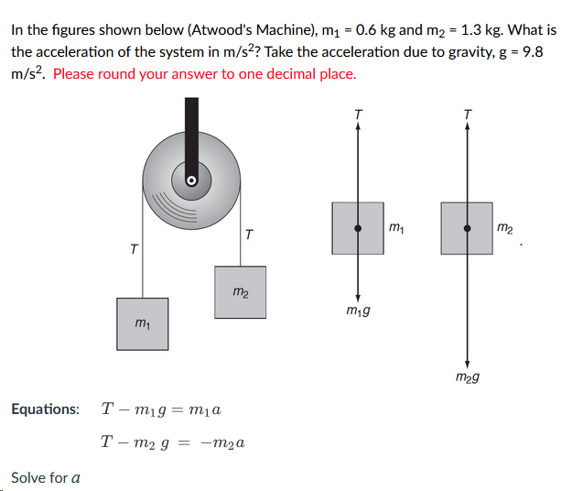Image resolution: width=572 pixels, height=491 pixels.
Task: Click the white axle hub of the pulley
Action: [192, 180]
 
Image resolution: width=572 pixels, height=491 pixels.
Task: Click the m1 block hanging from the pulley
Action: [142, 323]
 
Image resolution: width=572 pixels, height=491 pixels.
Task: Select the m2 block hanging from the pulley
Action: [240, 291]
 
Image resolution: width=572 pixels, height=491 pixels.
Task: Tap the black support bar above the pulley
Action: [192, 128]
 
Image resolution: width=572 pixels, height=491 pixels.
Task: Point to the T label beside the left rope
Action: [134, 249]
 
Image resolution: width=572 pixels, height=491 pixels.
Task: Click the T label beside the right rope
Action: [250, 235]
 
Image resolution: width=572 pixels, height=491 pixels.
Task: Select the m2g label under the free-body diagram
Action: [468, 376]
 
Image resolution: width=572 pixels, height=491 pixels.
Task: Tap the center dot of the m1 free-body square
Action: [358, 228]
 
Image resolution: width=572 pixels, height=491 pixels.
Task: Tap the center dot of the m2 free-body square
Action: [467, 228]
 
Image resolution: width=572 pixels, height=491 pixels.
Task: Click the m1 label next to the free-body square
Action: [395, 225]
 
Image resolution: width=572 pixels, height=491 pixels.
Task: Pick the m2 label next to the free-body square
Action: [504, 225]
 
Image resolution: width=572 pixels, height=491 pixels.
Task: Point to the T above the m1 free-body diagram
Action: [358, 114]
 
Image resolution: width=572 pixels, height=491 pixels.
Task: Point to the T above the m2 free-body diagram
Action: [468, 114]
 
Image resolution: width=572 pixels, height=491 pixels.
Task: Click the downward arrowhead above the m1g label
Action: [358, 298]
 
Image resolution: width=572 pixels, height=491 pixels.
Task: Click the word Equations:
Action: [45, 409]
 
